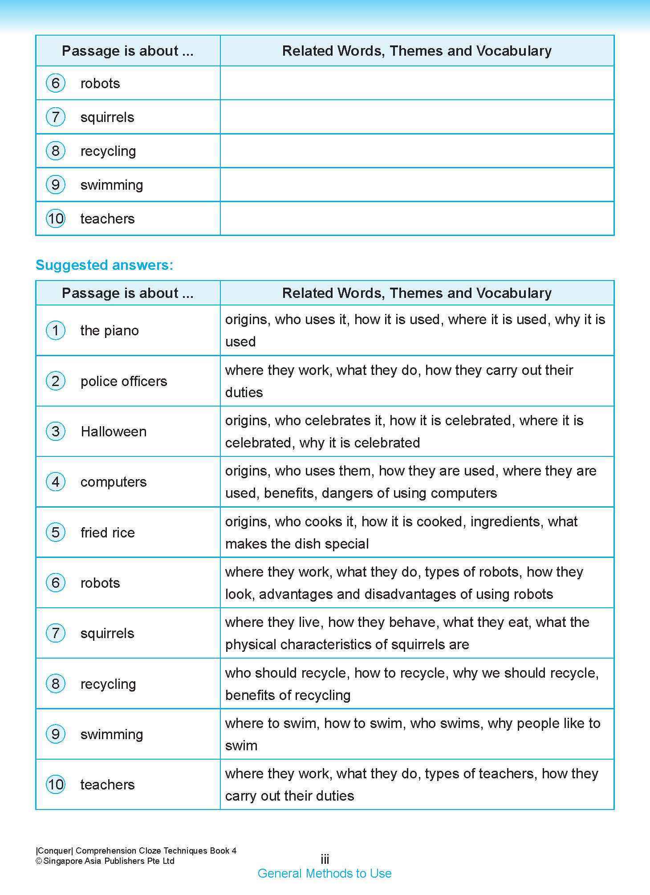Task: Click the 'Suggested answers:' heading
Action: [104, 265]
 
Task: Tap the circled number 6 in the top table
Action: [56, 83]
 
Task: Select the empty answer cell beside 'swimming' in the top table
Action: [417, 185]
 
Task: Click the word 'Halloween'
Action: [114, 431]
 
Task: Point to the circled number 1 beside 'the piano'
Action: [56, 330]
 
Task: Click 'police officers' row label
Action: [124, 381]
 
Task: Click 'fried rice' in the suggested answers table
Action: [107, 533]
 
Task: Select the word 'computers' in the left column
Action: [114, 482]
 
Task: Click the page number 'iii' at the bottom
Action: [325, 859]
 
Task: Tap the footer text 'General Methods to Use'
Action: [325, 873]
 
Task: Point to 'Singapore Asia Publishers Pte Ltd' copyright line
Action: [109, 861]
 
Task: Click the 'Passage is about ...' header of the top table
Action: [128, 51]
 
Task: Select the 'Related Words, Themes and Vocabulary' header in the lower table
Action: [417, 293]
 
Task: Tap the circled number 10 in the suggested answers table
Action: [56, 785]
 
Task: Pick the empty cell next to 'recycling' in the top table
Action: [417, 151]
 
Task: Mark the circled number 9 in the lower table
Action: [56, 734]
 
